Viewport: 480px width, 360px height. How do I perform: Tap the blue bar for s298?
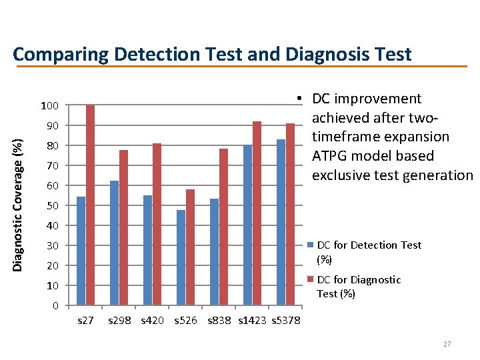point(114,243)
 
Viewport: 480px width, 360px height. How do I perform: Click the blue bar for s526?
point(181,257)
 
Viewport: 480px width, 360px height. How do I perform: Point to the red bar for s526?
point(190,247)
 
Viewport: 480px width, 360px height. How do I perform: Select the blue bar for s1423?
point(247,225)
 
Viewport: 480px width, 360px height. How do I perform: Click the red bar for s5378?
point(290,214)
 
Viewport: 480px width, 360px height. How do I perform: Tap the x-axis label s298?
point(120,321)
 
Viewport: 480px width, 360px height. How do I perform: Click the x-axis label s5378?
point(287,321)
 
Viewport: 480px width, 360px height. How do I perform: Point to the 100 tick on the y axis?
point(49,106)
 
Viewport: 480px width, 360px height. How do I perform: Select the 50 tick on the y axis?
point(52,206)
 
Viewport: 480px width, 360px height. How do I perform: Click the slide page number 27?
point(447,344)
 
